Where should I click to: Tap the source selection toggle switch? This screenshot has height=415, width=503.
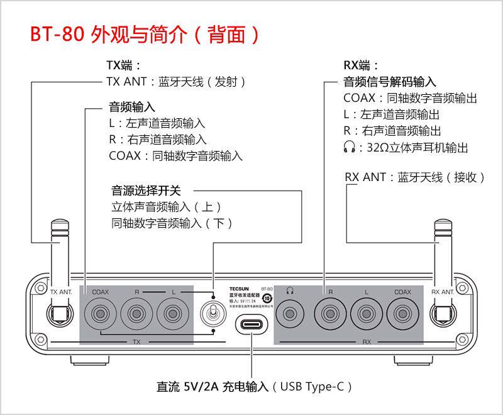(x=213, y=313)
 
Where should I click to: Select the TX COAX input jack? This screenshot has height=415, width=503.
(x=101, y=312)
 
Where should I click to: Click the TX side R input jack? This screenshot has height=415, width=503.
(x=136, y=312)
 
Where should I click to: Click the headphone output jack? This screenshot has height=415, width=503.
(x=290, y=312)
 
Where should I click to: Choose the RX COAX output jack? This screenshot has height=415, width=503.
(x=402, y=312)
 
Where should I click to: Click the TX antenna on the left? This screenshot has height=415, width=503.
(x=60, y=252)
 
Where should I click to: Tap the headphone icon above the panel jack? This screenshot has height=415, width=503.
(x=290, y=291)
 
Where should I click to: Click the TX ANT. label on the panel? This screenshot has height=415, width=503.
(x=61, y=292)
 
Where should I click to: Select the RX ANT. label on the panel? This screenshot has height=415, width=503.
(x=443, y=292)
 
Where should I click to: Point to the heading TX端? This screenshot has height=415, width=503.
(x=123, y=65)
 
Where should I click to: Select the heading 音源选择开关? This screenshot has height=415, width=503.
(x=146, y=191)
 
